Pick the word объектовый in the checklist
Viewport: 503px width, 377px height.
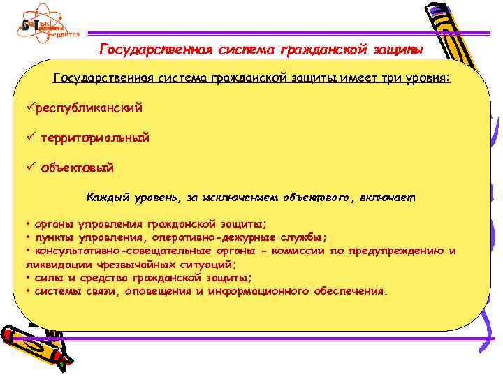click(x=77, y=168)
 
